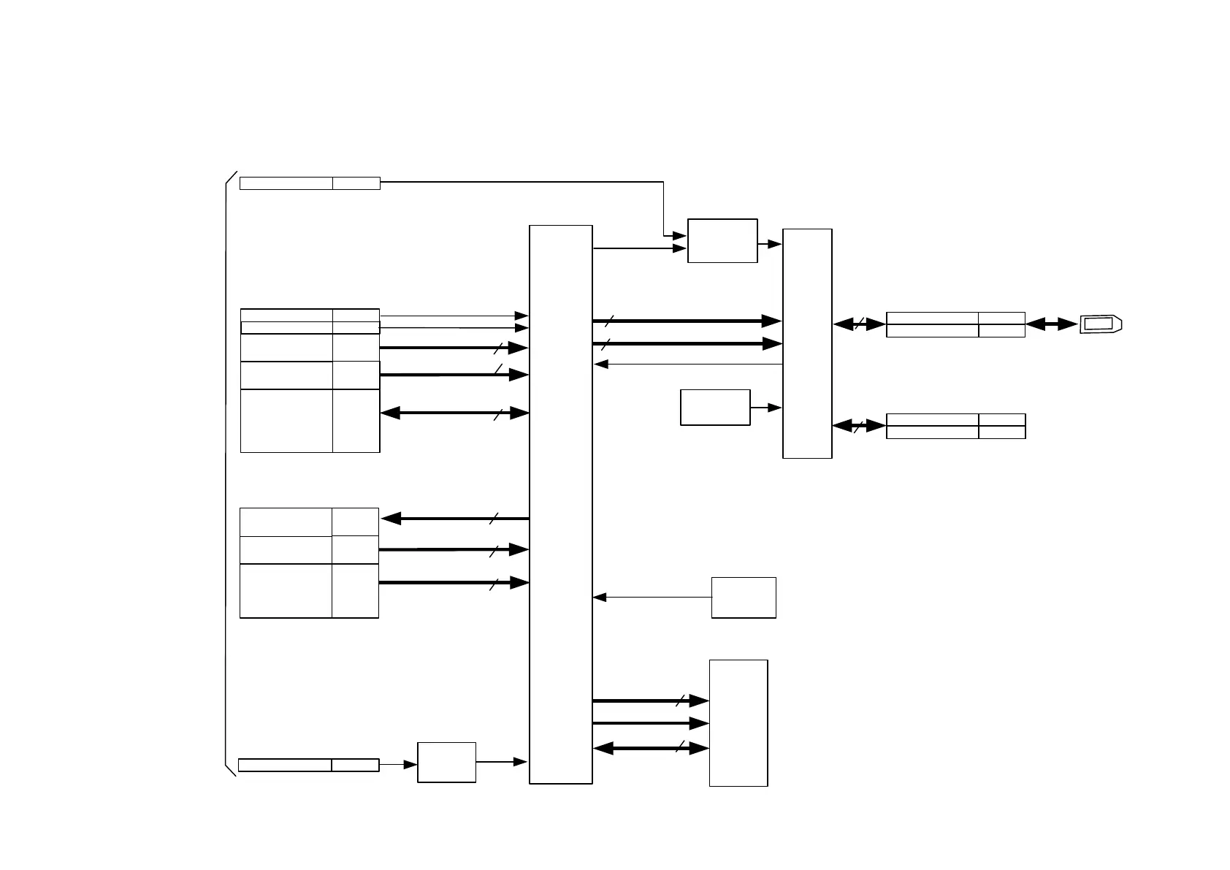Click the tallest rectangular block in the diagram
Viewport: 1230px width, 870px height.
tap(560, 504)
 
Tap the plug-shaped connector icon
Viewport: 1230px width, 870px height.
tap(1101, 324)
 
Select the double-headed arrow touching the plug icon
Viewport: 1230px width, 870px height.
tap(1052, 324)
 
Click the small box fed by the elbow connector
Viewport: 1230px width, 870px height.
tap(722, 240)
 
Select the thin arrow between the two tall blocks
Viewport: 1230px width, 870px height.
tap(688, 365)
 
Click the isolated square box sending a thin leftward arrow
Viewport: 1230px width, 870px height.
tap(744, 598)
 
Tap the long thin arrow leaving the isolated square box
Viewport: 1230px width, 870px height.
tap(652, 598)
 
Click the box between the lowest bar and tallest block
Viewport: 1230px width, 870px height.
tap(446, 762)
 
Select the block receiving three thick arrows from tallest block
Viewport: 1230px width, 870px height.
tap(738, 723)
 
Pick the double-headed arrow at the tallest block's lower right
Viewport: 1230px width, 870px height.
tap(651, 748)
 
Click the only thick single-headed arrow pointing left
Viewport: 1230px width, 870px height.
tap(454, 519)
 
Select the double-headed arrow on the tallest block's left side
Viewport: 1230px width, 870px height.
tap(454, 413)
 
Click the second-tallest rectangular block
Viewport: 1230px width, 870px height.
tap(807, 343)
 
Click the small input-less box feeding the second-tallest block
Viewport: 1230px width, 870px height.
tap(715, 408)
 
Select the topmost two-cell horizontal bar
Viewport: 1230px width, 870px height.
tap(310, 183)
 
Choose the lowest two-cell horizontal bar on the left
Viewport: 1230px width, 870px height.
tap(308, 765)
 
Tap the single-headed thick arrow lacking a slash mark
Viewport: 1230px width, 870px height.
tap(651, 723)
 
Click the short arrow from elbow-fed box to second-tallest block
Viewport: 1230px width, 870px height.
tap(770, 244)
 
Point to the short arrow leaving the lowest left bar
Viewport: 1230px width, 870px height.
tap(398, 765)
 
